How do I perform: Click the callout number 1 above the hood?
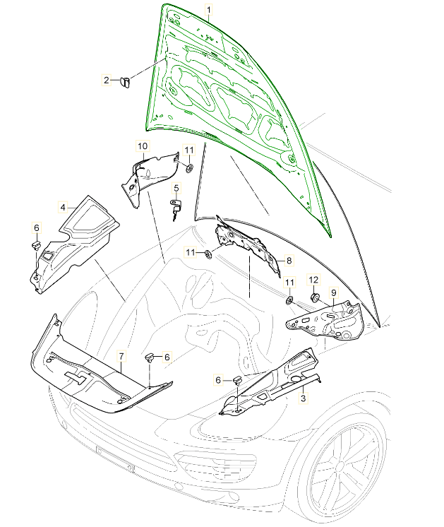point(209,9)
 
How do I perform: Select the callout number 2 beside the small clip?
point(107,81)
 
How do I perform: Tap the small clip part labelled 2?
point(125,82)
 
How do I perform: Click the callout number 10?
point(143,146)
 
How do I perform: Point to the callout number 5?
point(176,188)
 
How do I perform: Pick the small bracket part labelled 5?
point(176,209)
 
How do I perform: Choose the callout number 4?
point(63,208)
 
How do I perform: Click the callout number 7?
point(121,356)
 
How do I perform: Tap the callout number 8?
point(289,261)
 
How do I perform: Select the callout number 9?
point(333,292)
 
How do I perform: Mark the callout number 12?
point(313,280)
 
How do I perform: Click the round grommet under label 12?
point(315,297)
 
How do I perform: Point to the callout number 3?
point(304,398)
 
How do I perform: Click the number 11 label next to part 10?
point(189,150)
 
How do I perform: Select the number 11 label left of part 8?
point(191,252)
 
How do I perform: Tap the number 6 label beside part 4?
point(37,228)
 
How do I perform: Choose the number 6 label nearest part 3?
point(218,380)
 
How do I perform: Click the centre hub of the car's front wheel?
point(340,466)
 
